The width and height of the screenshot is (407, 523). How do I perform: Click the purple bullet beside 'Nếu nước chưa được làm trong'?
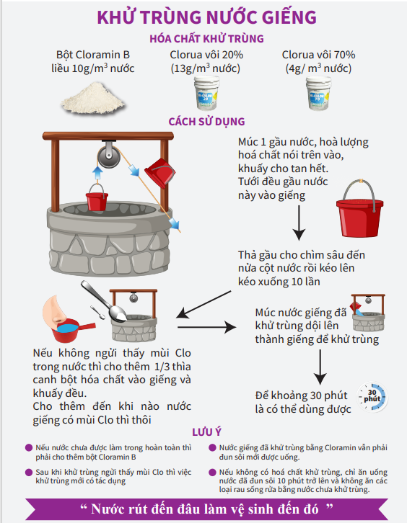tap(28, 447)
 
